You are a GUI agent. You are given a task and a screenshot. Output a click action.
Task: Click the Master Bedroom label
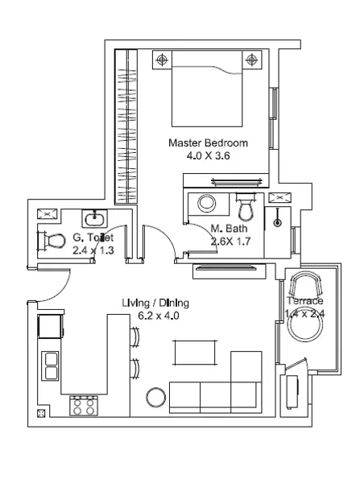click(x=208, y=143)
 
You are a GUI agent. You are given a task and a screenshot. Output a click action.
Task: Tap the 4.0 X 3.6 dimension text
click(x=208, y=156)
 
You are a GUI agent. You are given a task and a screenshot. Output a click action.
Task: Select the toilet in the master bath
click(x=246, y=207)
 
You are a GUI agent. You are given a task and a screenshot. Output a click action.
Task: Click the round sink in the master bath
click(x=207, y=204)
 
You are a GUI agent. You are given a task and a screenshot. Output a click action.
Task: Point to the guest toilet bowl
click(x=52, y=241)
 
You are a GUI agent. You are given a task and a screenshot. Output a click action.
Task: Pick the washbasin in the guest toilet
click(x=94, y=218)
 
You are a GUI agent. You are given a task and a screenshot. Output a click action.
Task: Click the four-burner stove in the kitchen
click(x=84, y=406)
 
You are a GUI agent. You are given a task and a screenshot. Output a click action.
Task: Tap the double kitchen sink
click(x=50, y=366)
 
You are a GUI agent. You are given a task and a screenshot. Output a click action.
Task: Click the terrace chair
click(x=305, y=283)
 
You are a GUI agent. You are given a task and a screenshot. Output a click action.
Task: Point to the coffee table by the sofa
click(x=195, y=353)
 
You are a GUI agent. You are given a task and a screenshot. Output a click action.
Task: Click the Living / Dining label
click(x=155, y=303)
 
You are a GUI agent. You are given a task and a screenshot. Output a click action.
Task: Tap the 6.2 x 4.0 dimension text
click(x=159, y=316)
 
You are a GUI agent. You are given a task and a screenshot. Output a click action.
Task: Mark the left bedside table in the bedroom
click(x=162, y=60)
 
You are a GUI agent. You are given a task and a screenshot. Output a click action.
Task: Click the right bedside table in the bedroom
click(x=252, y=60)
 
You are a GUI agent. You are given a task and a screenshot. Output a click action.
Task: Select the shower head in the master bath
click(x=278, y=222)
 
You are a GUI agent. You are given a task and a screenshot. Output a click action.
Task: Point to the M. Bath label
click(x=229, y=229)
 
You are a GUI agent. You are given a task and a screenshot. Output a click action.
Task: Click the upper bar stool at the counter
click(x=134, y=337)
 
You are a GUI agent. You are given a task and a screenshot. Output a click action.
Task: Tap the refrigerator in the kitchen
click(x=50, y=327)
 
